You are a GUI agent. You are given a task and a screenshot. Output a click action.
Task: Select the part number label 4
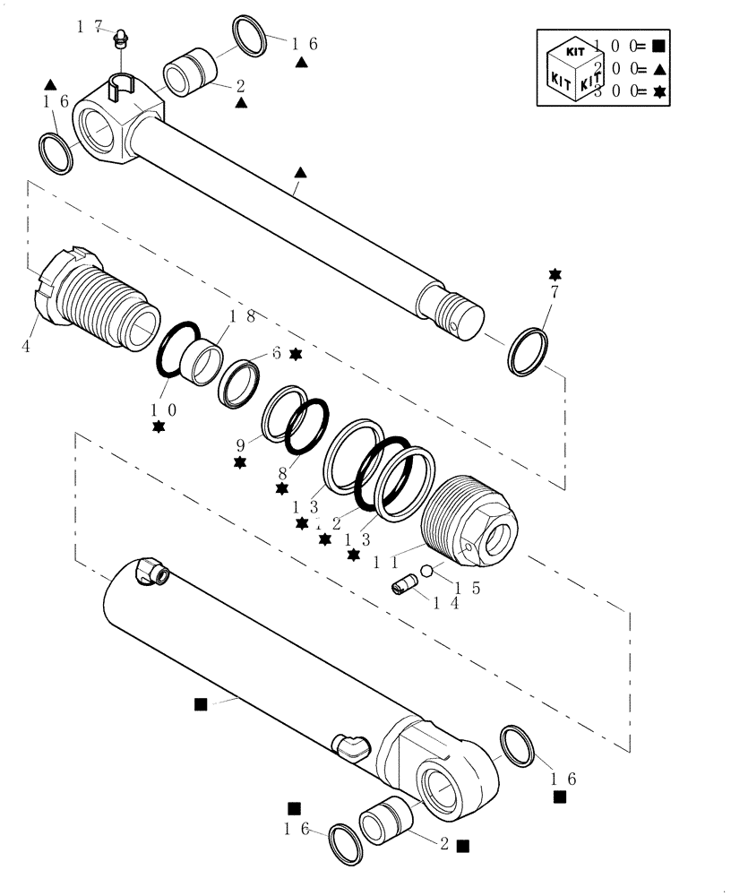[26, 346]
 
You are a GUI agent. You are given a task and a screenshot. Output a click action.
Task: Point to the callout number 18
[243, 316]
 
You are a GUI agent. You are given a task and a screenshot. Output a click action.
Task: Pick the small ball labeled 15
[427, 571]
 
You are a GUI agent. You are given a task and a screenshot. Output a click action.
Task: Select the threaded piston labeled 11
[470, 522]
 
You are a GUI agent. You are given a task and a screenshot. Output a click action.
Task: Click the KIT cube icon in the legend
[573, 66]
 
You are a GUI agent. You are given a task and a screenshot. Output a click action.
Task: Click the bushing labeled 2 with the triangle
[190, 71]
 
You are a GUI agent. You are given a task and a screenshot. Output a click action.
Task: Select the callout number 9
[240, 444]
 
